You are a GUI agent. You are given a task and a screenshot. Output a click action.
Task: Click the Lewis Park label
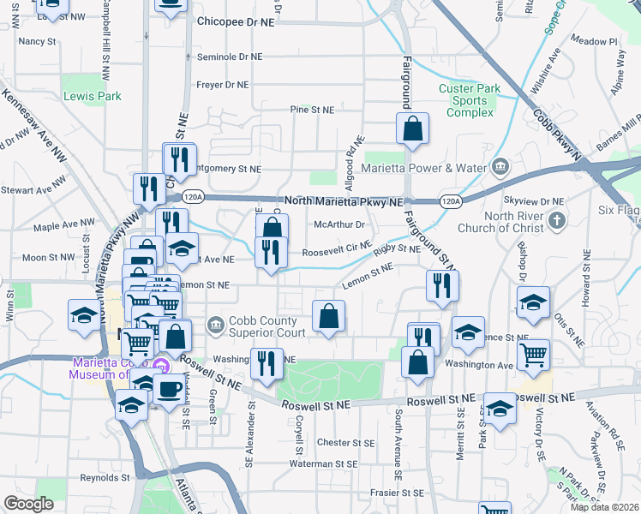pyautogui.click(x=93, y=97)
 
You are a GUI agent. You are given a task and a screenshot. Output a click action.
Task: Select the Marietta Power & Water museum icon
pyautogui.click(x=500, y=166)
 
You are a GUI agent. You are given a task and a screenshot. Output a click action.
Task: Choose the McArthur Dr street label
pyautogui.click(x=339, y=225)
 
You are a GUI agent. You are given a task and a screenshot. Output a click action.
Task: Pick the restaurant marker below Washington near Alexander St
pyautogui.click(x=267, y=362)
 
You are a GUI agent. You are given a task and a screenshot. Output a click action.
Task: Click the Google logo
pyautogui.click(x=28, y=504)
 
